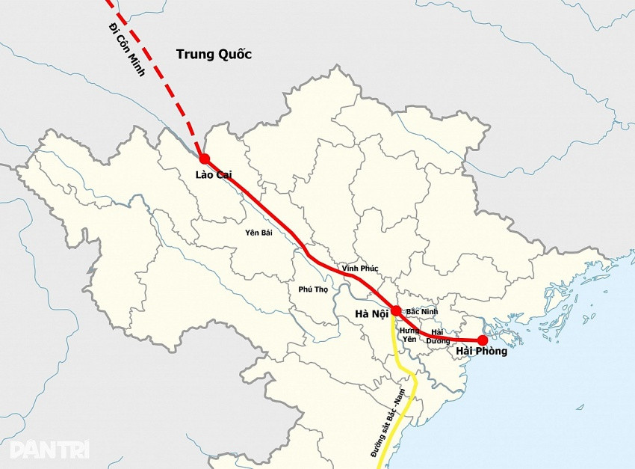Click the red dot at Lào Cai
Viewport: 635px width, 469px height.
click(x=204, y=159)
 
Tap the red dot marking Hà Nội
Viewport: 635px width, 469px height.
click(x=396, y=310)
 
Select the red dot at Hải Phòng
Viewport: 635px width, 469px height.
click(x=483, y=340)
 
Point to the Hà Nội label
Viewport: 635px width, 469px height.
click(x=371, y=313)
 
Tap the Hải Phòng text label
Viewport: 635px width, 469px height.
click(x=481, y=352)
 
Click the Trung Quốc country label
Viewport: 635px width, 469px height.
click(x=214, y=54)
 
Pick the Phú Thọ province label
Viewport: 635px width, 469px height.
click(x=313, y=289)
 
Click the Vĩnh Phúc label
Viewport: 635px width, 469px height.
click(x=360, y=268)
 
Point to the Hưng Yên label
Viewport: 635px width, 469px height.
click(x=409, y=334)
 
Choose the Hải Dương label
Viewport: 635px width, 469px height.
click(x=439, y=336)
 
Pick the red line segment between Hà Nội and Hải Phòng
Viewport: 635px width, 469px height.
click(x=448, y=338)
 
